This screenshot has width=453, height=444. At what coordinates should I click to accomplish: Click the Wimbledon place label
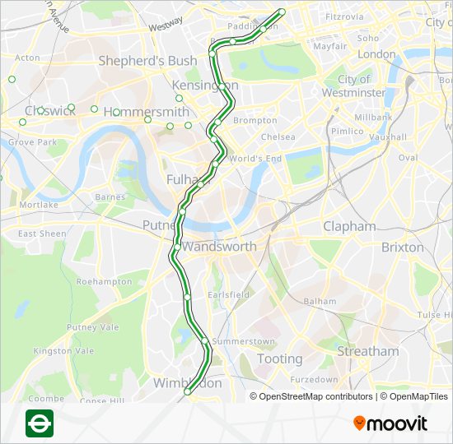[x=188, y=383]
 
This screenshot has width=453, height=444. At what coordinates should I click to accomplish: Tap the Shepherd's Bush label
[x=147, y=61]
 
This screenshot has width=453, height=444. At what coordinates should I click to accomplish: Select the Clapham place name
[x=349, y=226]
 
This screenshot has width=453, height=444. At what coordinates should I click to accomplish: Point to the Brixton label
[x=403, y=247]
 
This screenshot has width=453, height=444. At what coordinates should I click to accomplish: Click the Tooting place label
[x=279, y=358]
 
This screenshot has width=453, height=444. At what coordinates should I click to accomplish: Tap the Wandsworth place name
[x=219, y=247]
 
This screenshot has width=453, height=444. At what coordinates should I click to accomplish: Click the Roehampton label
[x=104, y=281]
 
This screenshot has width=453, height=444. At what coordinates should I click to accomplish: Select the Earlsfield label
[x=228, y=294]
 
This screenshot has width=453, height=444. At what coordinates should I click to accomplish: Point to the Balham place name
[x=320, y=302]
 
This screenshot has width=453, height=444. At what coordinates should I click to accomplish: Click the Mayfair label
[x=329, y=47]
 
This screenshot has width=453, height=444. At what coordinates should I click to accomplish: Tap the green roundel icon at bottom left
[x=40, y=423]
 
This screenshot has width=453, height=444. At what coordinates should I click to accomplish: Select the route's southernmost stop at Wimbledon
[x=187, y=393]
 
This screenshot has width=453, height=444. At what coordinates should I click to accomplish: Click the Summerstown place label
[x=243, y=341]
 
